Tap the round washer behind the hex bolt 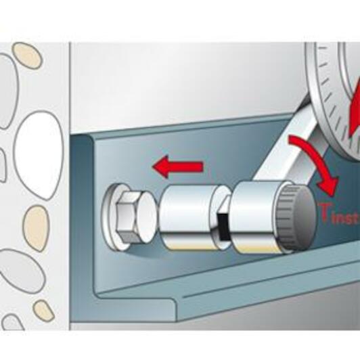(x=108, y=217)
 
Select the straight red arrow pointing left (x=178, y=166)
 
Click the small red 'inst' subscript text (x=345, y=218)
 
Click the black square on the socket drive (x=223, y=226)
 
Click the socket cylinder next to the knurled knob (x=255, y=217)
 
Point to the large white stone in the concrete (x=39, y=155)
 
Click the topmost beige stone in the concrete (x=27, y=55)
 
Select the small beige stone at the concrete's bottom (x=43, y=311)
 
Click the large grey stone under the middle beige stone (x=21, y=271)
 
